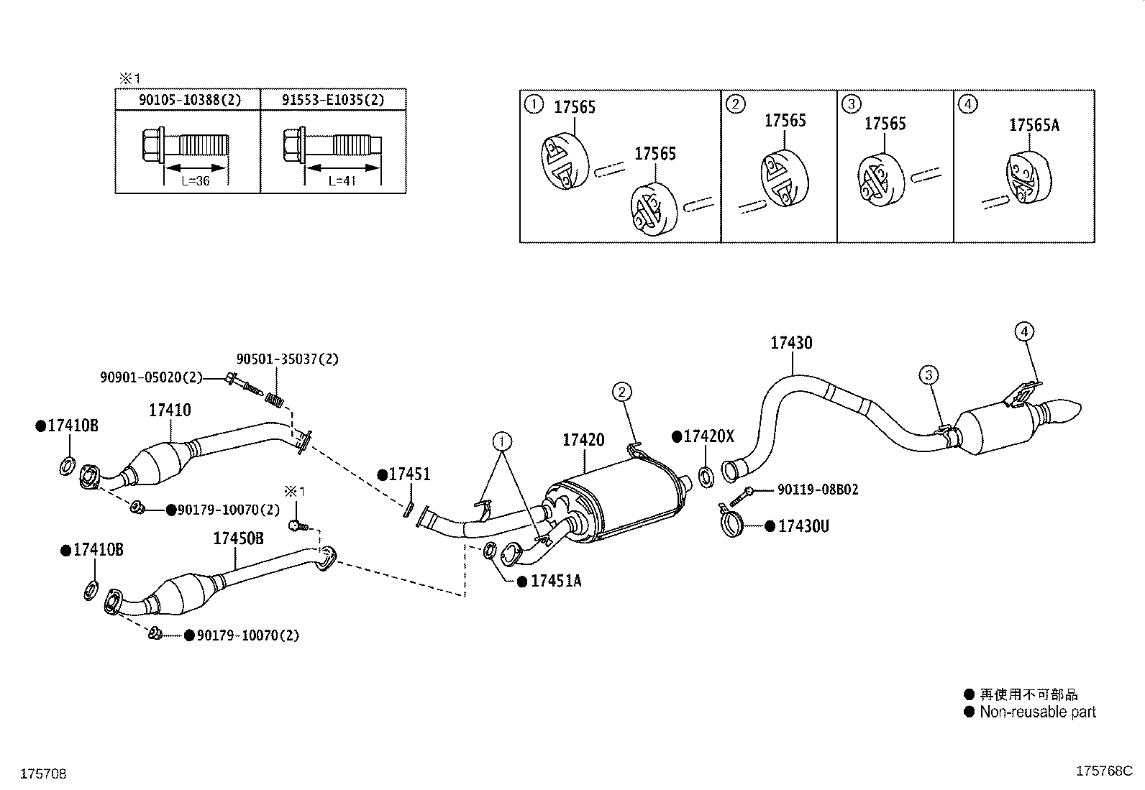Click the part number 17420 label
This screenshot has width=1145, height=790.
pos(583,440)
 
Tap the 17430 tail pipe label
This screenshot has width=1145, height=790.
pos(791,343)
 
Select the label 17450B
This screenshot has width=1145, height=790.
pos(238,538)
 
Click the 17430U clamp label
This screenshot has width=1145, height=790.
pos(803,526)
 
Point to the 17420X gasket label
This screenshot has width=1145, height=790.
pos(708,436)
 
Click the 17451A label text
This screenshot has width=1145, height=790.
pos(555,582)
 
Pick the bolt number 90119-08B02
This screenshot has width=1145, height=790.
pos(818,490)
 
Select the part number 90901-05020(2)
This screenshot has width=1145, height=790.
pos(151,377)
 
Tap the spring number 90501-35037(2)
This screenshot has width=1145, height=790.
pos(288,359)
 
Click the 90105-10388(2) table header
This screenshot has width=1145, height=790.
pos(190,100)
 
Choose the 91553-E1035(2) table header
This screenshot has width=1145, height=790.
pos(333,100)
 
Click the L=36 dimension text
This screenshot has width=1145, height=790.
pos(195,181)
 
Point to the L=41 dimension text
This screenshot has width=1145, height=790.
pos(342,181)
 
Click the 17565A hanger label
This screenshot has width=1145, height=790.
pos(1034,125)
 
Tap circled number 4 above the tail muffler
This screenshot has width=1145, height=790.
pos(1025,332)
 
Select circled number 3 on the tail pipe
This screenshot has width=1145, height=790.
pos(929,375)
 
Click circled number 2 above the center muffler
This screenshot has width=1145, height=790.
pos(621,392)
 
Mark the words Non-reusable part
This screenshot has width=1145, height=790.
pos(1038,712)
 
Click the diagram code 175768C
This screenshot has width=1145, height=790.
pos(1104,771)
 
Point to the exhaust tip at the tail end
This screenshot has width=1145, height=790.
pos(1067,412)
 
